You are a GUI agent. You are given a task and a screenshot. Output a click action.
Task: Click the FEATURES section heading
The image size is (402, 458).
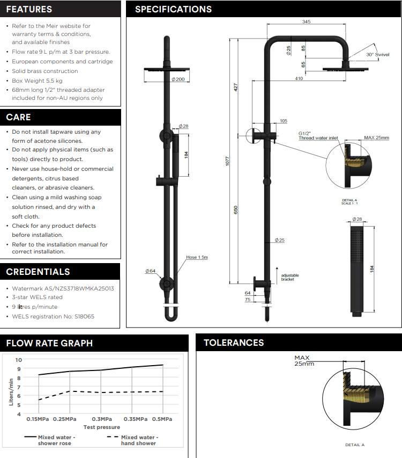[x=29, y=9]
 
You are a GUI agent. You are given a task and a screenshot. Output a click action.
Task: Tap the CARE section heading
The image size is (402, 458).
[x=19, y=117]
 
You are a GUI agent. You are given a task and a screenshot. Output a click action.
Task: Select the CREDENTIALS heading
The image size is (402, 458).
[x=38, y=272]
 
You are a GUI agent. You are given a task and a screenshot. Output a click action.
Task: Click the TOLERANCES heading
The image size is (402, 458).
[x=234, y=343]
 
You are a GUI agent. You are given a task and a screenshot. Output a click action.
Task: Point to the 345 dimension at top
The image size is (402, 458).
[x=306, y=22]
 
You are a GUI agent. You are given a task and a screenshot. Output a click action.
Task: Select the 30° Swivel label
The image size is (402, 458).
[x=377, y=55]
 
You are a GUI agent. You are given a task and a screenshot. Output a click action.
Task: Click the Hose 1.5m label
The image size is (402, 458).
[x=197, y=258]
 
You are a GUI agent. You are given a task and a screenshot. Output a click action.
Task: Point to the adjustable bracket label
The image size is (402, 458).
[x=290, y=278]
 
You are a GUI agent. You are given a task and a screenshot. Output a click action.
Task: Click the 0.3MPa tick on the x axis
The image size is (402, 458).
[x=101, y=419]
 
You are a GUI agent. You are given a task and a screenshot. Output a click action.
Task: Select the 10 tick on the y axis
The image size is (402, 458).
[x=19, y=360]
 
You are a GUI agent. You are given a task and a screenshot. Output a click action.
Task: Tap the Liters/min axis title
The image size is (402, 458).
[x=11, y=391]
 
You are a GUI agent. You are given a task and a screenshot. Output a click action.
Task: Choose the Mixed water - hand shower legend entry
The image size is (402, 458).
[x=138, y=440]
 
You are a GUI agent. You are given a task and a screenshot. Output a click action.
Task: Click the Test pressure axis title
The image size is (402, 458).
[x=101, y=427]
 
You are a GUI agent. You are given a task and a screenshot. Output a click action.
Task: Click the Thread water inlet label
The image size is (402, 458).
[x=318, y=139]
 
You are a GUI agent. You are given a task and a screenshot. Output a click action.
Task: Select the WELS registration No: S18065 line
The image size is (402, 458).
[x=53, y=316]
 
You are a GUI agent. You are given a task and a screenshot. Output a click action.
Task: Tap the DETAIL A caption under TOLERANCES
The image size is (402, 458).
[x=355, y=445]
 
